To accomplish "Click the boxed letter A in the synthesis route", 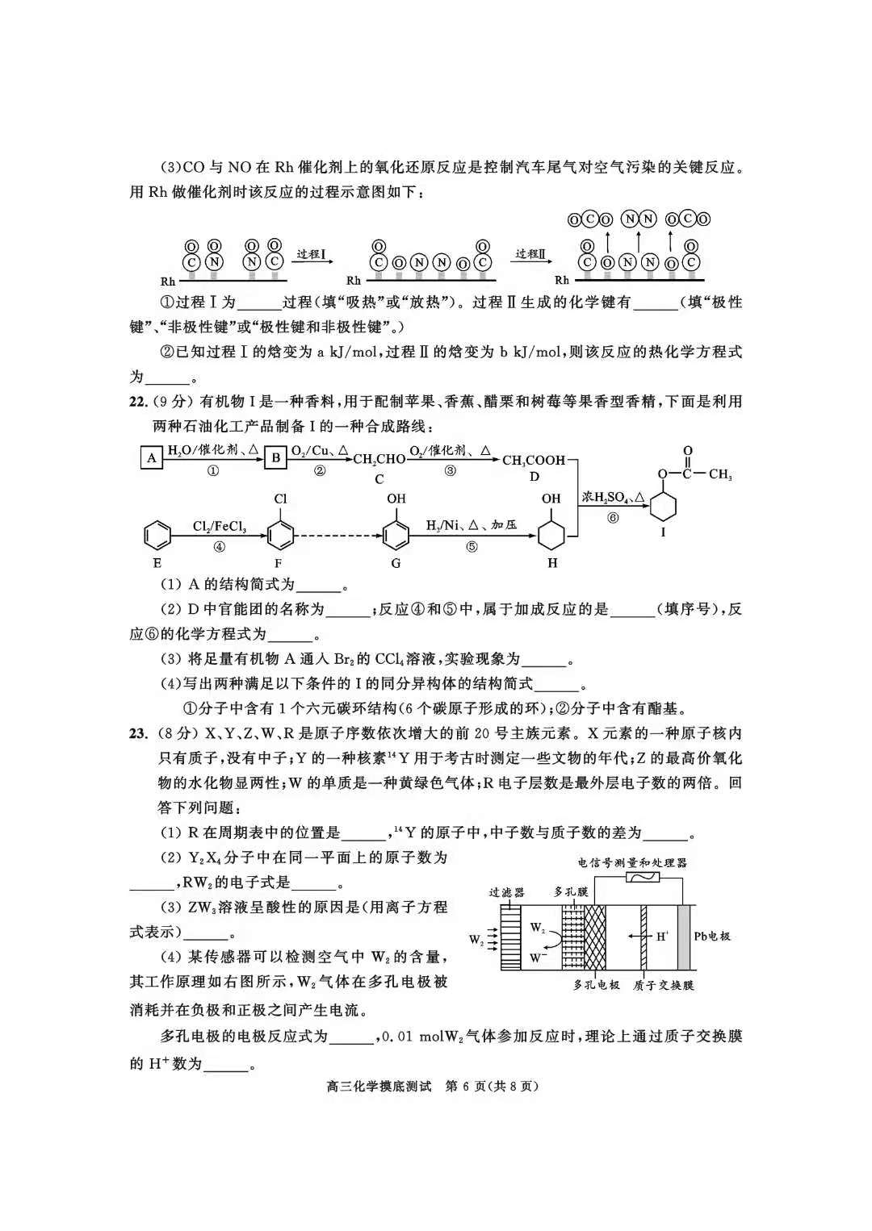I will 151,458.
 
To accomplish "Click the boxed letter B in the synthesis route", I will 275,458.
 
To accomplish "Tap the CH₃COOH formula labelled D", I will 534,460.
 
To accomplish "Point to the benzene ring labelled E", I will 157,534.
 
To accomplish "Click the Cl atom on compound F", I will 280,499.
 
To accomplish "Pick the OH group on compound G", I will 396,499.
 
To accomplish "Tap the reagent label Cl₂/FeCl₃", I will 219,526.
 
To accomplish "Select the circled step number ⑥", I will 613,518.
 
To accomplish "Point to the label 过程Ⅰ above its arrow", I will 311,254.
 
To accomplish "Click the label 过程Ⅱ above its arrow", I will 530,254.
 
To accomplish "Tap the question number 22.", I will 138,402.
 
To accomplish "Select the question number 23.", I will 138,734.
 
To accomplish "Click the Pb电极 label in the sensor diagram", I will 712,936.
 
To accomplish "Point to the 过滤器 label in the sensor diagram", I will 506,892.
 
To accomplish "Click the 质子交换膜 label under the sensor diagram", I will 664,985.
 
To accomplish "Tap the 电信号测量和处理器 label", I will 631,862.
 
